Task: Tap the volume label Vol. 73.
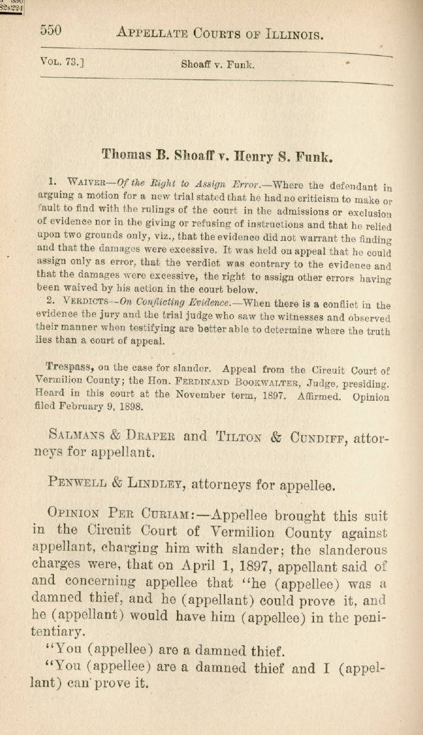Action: (62, 61)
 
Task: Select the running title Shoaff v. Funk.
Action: (218, 64)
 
